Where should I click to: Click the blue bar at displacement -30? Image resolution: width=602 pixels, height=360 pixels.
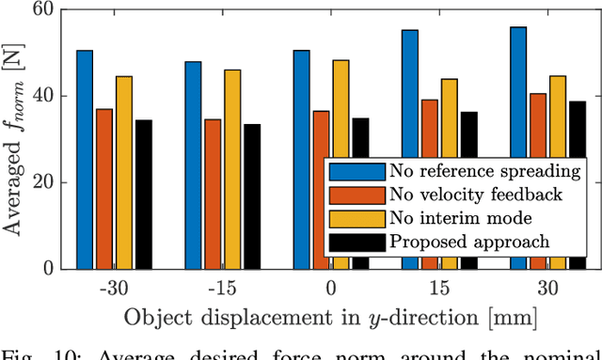tap(85, 159)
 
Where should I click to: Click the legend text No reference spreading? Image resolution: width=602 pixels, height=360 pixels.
tap(485, 171)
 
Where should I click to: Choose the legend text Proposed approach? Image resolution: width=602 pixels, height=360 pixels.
tap(469, 242)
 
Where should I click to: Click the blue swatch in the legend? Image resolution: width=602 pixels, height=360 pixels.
tap(357, 171)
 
